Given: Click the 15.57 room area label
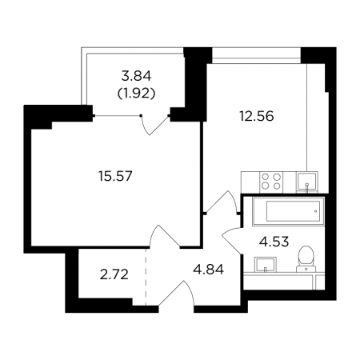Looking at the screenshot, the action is click(115, 176).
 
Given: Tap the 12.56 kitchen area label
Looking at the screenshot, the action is click(257, 116).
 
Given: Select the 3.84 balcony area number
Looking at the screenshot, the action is click(136, 76).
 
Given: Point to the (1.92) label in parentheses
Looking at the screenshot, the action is click(136, 94).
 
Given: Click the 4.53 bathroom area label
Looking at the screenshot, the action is click(274, 242).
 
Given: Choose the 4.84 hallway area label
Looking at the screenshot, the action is click(209, 270).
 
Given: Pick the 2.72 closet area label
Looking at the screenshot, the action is click(114, 274).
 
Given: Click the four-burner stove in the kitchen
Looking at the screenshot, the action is click(271, 182).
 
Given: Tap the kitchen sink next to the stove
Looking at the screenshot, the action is click(307, 182).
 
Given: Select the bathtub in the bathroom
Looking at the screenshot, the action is click(288, 211).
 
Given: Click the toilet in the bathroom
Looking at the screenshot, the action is click(306, 258).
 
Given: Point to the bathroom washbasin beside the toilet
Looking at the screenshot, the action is click(266, 265).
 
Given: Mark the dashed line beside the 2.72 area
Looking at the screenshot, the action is click(146, 277).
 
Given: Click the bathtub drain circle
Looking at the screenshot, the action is click(316, 211).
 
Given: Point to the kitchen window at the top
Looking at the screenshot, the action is click(256, 55).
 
